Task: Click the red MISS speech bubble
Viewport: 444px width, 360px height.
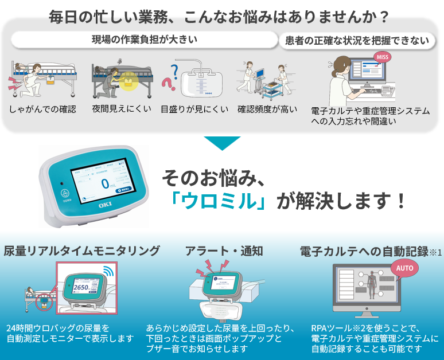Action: [382, 57]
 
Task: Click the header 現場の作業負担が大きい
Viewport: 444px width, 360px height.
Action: [144, 40]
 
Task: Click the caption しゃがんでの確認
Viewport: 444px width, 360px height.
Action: [42, 109]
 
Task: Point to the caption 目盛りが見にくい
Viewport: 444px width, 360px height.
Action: [194, 109]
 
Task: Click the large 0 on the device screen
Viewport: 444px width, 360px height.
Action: [104, 183]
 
